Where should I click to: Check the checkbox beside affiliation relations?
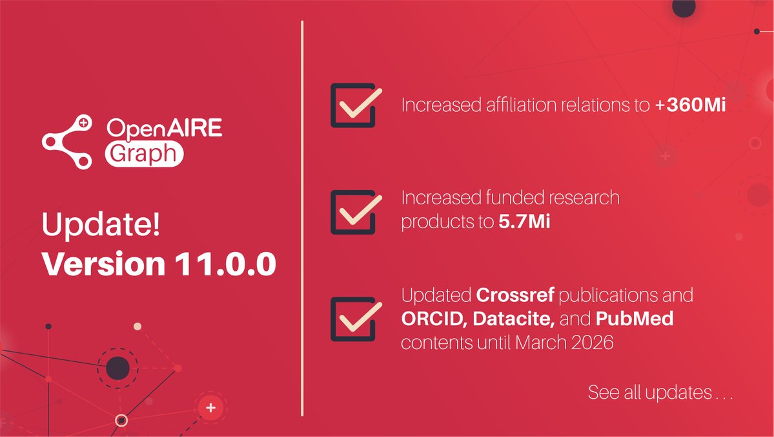(x=352, y=105)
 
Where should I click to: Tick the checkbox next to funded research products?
(x=352, y=211)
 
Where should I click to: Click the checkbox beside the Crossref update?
(x=352, y=319)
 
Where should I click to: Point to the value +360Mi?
(x=690, y=105)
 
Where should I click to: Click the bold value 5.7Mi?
(x=524, y=222)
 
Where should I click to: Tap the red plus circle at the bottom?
(x=209, y=408)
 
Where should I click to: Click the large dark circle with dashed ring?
(x=117, y=368)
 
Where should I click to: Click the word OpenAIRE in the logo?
(x=164, y=128)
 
